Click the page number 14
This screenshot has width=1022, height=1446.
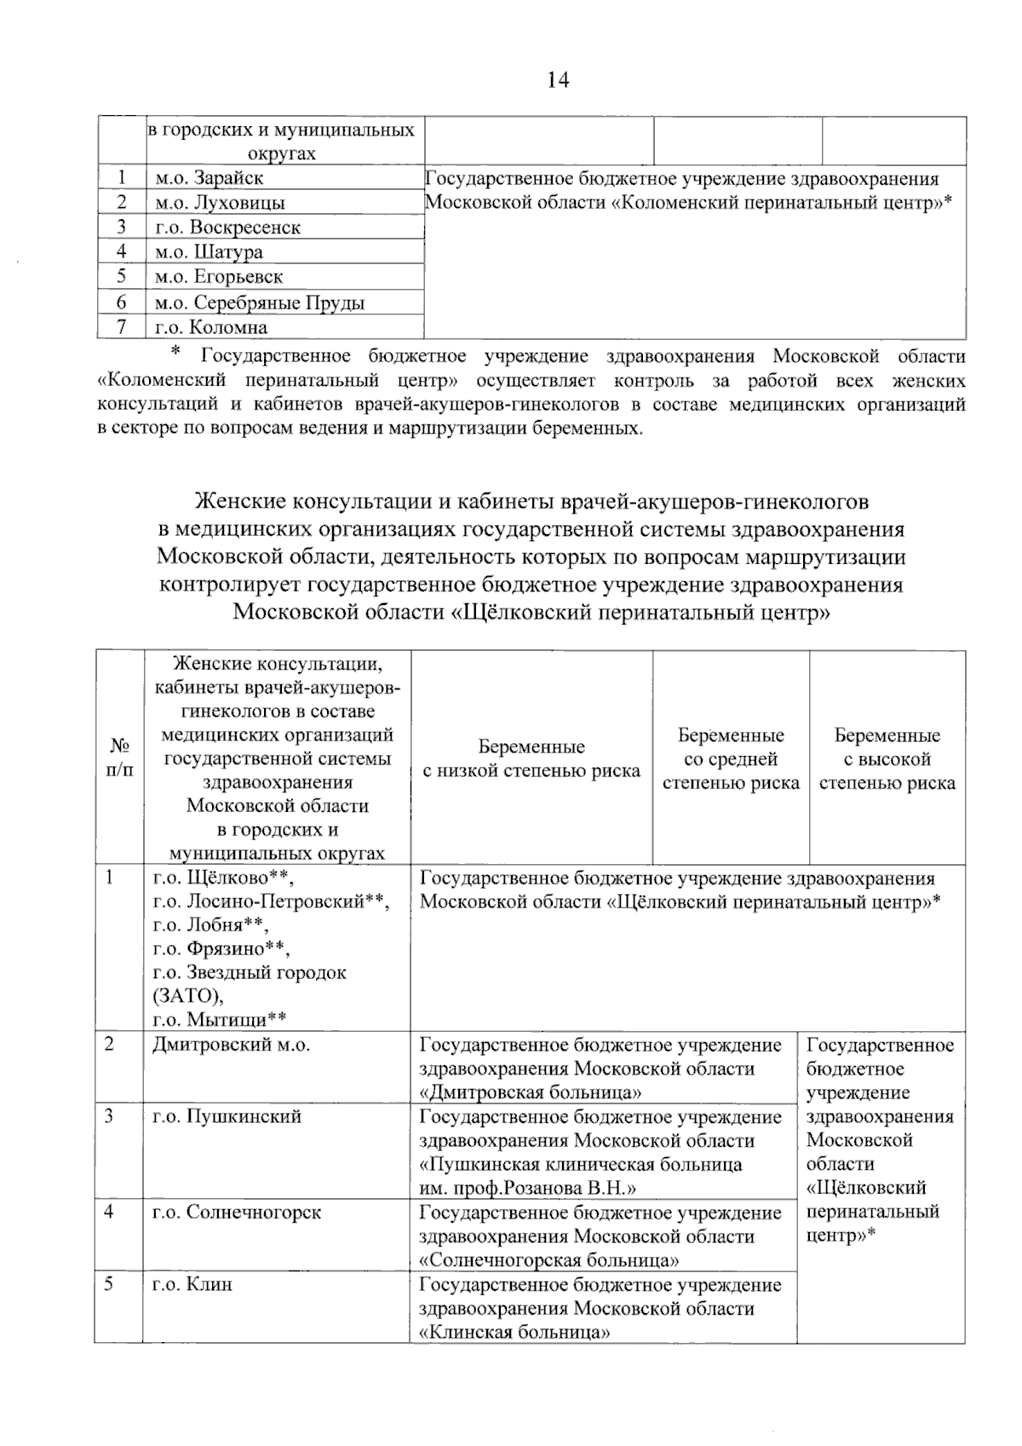coord(558,80)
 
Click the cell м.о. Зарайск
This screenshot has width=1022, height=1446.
coord(209,178)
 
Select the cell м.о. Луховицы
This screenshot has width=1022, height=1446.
coord(220,203)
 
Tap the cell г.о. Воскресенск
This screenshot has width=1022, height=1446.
coord(227,228)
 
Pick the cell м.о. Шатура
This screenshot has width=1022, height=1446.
coord(209,252)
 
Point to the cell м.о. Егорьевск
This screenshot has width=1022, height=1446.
coord(219,277)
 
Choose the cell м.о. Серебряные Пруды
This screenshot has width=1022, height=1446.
coord(260,302)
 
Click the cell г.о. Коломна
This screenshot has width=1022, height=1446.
coord(210,327)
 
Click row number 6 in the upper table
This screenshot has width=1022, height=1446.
coord(122,302)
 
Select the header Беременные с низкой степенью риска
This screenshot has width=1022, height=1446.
coord(531,758)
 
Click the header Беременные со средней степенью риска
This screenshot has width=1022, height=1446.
coord(731,758)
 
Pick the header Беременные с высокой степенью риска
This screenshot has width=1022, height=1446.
coord(887,758)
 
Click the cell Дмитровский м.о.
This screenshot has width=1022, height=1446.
coord(230,1045)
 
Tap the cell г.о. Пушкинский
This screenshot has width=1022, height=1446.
coord(227,1116)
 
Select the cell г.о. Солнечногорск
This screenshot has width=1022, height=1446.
coord(237,1212)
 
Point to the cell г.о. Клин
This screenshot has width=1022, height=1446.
coord(192,1283)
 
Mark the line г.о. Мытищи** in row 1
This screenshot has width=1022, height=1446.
coord(219,1019)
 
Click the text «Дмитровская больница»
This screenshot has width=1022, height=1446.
coord(530,1092)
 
